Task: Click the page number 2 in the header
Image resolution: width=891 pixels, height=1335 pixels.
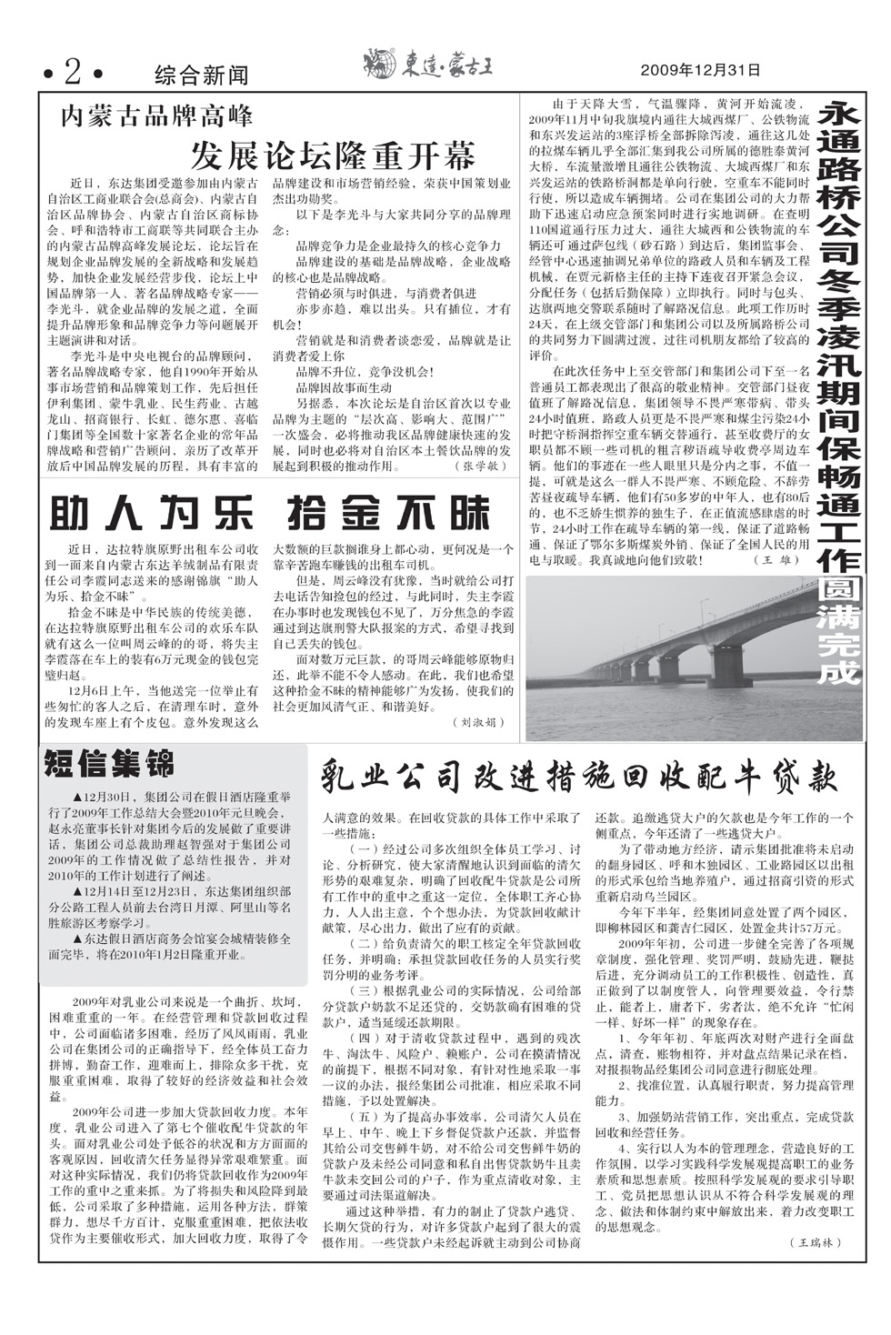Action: tap(72, 69)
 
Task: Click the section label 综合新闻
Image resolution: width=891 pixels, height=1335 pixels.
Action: tap(201, 73)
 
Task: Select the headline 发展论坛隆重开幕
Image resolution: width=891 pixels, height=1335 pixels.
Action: tap(332, 155)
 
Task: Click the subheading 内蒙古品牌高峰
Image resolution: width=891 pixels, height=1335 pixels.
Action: tap(156, 116)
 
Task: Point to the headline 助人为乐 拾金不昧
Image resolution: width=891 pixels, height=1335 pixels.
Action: tap(270, 515)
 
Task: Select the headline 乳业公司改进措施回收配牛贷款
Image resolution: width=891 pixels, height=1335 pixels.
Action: tap(578, 776)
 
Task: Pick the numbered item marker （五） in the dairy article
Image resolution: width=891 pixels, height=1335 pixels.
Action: tap(364, 1116)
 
